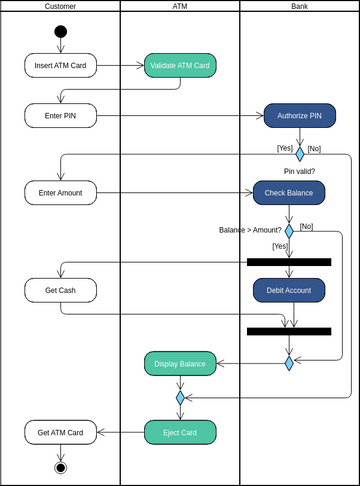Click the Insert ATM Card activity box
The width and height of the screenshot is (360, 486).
tap(60, 65)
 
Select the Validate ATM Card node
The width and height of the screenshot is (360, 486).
tap(180, 65)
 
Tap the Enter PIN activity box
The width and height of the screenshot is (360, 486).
tap(60, 115)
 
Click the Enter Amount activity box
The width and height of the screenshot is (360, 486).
tap(60, 191)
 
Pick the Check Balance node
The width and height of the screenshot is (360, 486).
tap(289, 191)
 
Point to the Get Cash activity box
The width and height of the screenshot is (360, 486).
tap(60, 290)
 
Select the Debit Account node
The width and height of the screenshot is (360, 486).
tap(289, 290)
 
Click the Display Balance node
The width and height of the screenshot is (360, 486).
tap(180, 363)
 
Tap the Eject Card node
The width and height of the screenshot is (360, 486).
tap(180, 432)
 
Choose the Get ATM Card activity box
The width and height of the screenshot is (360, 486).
tap(60, 432)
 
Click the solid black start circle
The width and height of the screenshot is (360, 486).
tap(60, 31)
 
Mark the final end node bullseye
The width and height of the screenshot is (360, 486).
tap(60, 467)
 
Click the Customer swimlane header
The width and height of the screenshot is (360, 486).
tap(60, 6)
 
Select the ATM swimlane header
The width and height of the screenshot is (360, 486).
tap(180, 6)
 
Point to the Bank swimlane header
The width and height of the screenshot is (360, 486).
tap(299, 6)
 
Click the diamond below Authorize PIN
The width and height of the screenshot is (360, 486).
tap(299, 154)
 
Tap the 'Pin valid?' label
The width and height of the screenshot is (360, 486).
tap(300, 171)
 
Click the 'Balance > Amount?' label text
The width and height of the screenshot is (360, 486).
tap(250, 229)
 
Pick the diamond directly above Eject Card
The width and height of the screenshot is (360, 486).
tap(180, 397)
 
